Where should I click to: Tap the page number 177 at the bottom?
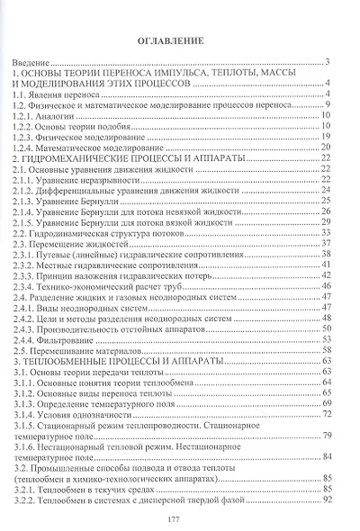click(x=180, y=518)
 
